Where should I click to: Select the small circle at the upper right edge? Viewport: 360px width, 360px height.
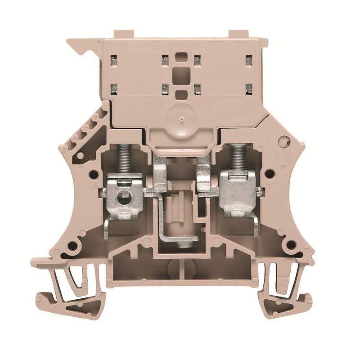(283, 142)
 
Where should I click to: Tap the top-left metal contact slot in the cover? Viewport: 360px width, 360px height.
(114, 58)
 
